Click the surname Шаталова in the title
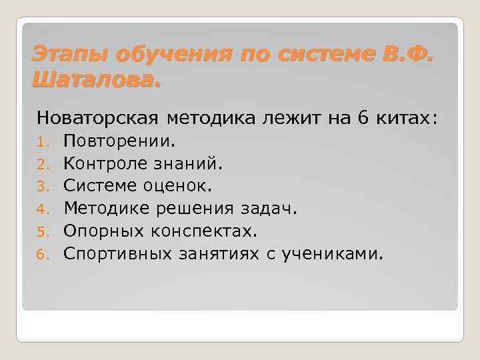[95, 81]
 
